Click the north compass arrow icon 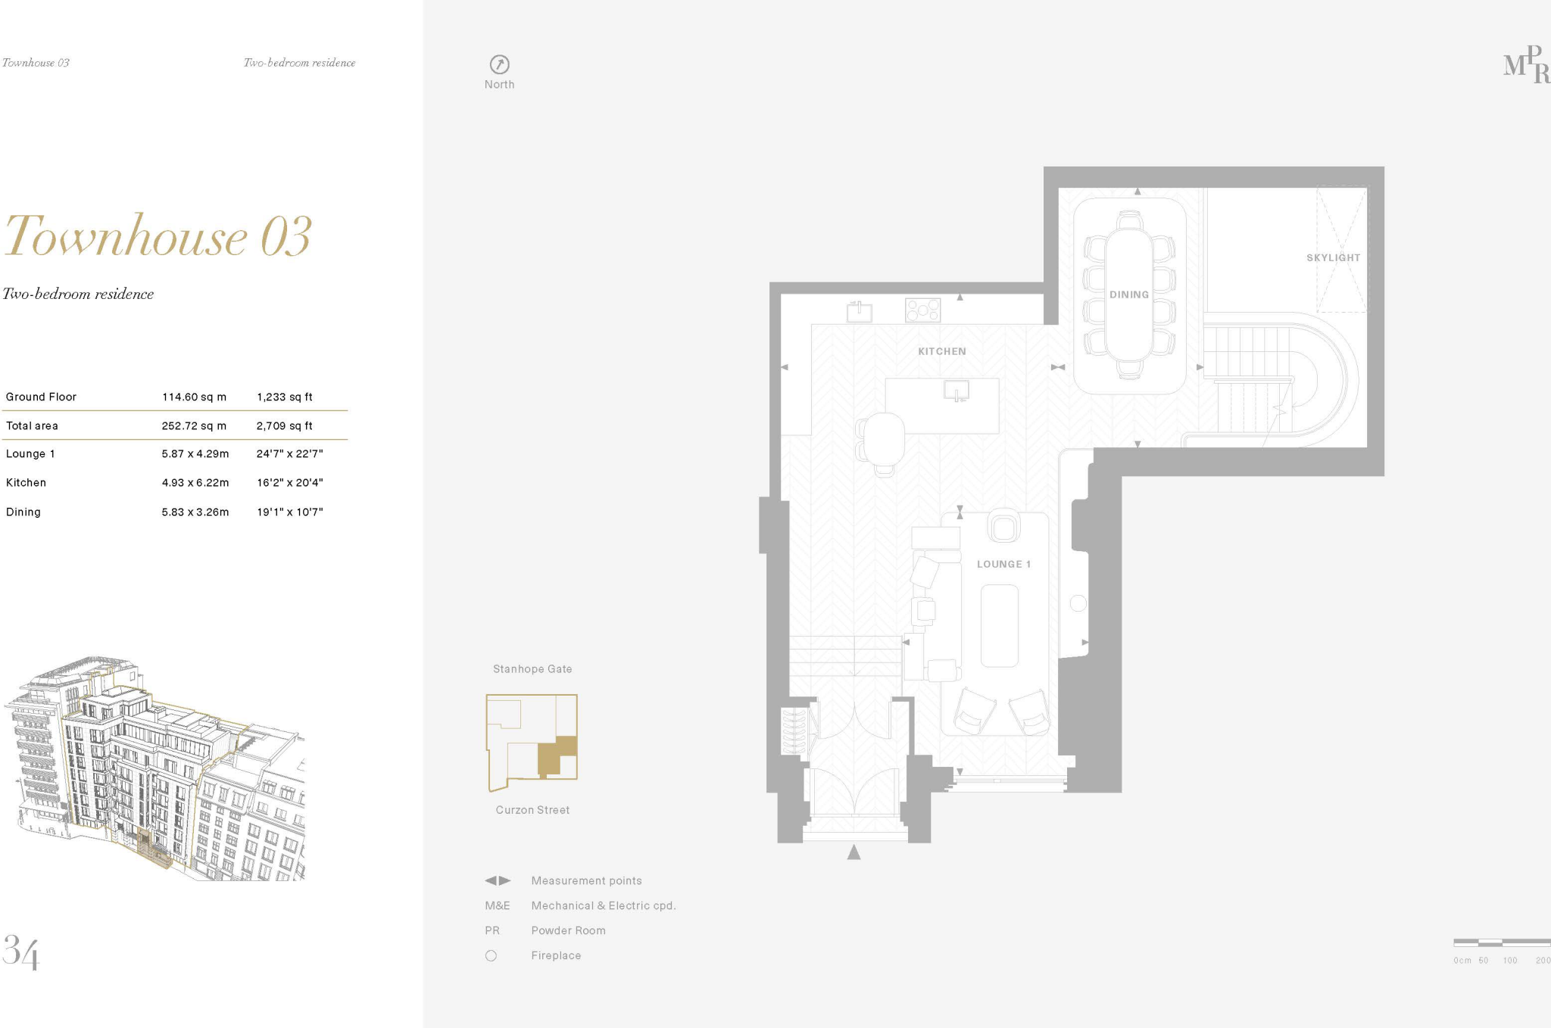click(x=499, y=64)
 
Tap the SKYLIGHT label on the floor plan click(x=1333, y=258)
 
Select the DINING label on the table click(x=1128, y=294)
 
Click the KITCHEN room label click(x=941, y=351)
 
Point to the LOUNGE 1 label click(x=1003, y=564)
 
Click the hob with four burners click(x=922, y=310)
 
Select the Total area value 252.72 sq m click(x=194, y=425)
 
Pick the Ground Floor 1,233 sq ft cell click(x=284, y=397)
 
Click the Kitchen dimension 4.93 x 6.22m click(x=195, y=482)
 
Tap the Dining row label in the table click(x=23, y=512)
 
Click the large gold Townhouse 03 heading click(x=158, y=236)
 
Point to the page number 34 click(x=20, y=952)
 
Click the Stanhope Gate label click(x=532, y=669)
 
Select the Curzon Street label click(x=532, y=810)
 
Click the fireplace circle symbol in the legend click(x=491, y=955)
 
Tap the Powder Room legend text click(x=568, y=930)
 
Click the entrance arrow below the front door click(x=854, y=852)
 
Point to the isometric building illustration click(x=155, y=768)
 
